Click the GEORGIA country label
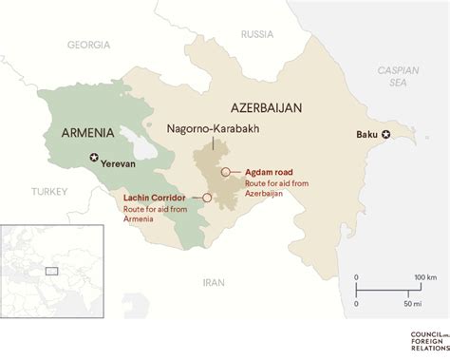89,45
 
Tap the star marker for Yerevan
93,157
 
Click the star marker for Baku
385,134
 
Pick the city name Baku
366,134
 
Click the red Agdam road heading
263,172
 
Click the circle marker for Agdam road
224,172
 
